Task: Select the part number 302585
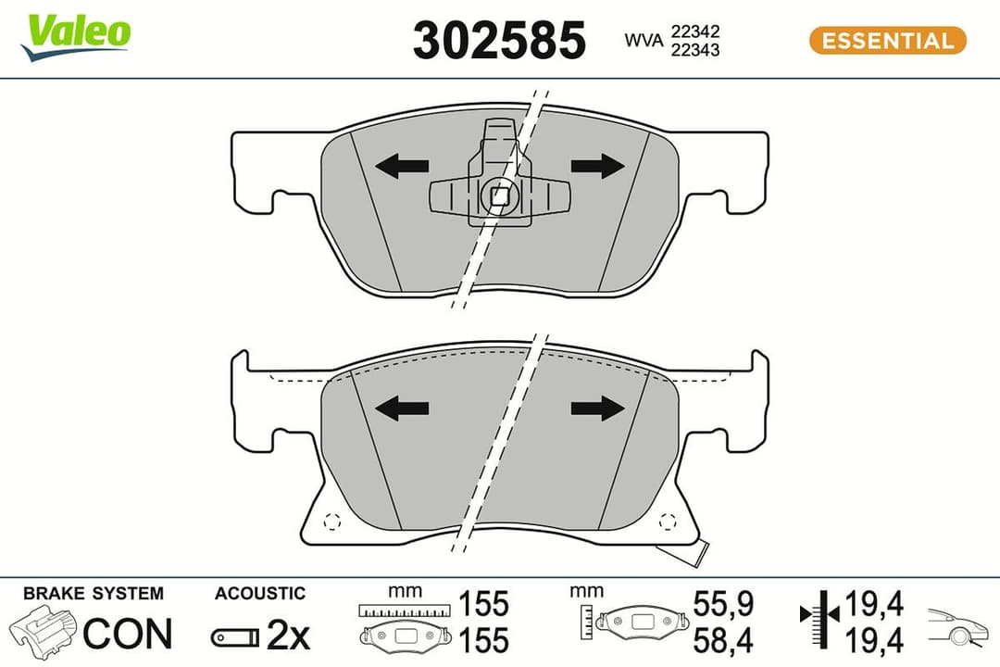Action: point(499,41)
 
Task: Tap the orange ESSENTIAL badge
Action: point(887,41)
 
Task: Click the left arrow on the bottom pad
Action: point(402,408)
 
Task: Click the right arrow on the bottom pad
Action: point(597,408)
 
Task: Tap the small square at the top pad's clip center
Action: point(500,195)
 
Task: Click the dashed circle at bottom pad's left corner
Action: point(333,522)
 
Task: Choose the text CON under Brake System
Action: point(128,634)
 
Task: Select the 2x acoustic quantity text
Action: point(288,636)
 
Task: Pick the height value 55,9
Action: point(723,605)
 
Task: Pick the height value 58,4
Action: point(723,639)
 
